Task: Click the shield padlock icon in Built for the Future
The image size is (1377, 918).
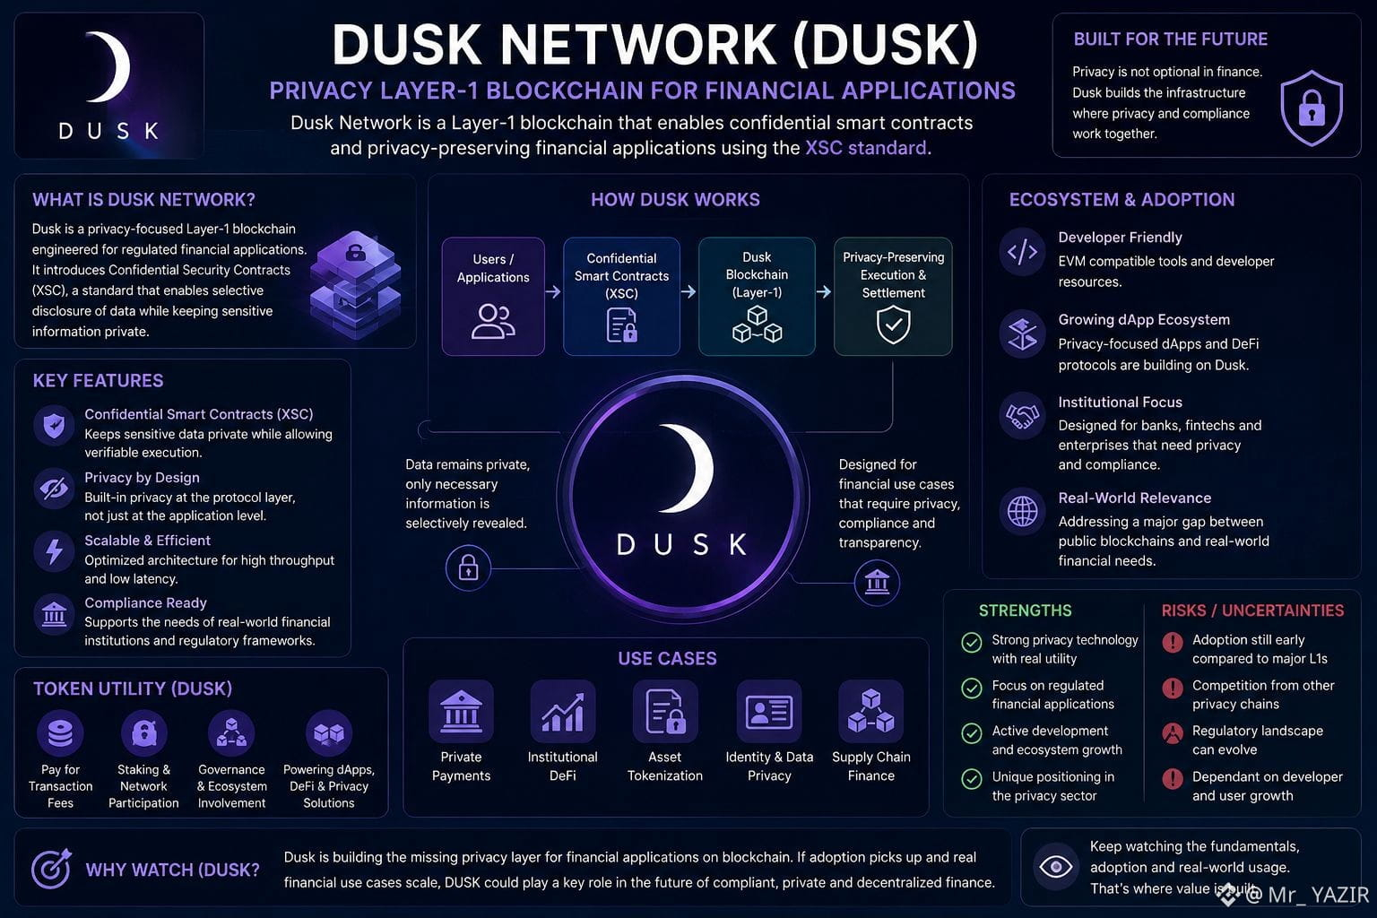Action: [1312, 108]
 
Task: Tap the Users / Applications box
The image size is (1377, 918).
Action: [493, 297]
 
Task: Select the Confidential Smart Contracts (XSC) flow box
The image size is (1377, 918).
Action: [621, 297]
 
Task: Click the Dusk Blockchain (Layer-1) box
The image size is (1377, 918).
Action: [757, 297]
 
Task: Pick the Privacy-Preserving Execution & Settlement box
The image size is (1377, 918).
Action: [893, 297]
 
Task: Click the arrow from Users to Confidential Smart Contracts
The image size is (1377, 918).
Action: [553, 291]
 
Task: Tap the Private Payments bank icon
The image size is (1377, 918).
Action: [461, 712]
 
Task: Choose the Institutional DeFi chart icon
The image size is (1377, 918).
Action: [562, 712]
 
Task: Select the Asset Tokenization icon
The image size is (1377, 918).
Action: [665, 712]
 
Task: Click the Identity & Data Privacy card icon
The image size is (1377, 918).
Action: [769, 712]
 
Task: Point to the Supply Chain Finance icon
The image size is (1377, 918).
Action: [871, 712]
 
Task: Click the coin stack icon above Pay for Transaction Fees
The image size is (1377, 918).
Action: [60, 733]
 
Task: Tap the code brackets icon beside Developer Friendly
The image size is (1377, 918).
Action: [1022, 252]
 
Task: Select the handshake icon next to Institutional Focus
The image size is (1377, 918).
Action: [1022, 416]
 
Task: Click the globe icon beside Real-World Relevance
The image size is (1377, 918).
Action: [1022, 511]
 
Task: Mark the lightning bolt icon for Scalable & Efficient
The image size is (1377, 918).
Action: [54, 551]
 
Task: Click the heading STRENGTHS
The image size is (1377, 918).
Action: [1025, 611]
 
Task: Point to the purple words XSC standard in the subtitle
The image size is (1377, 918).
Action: [865, 148]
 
